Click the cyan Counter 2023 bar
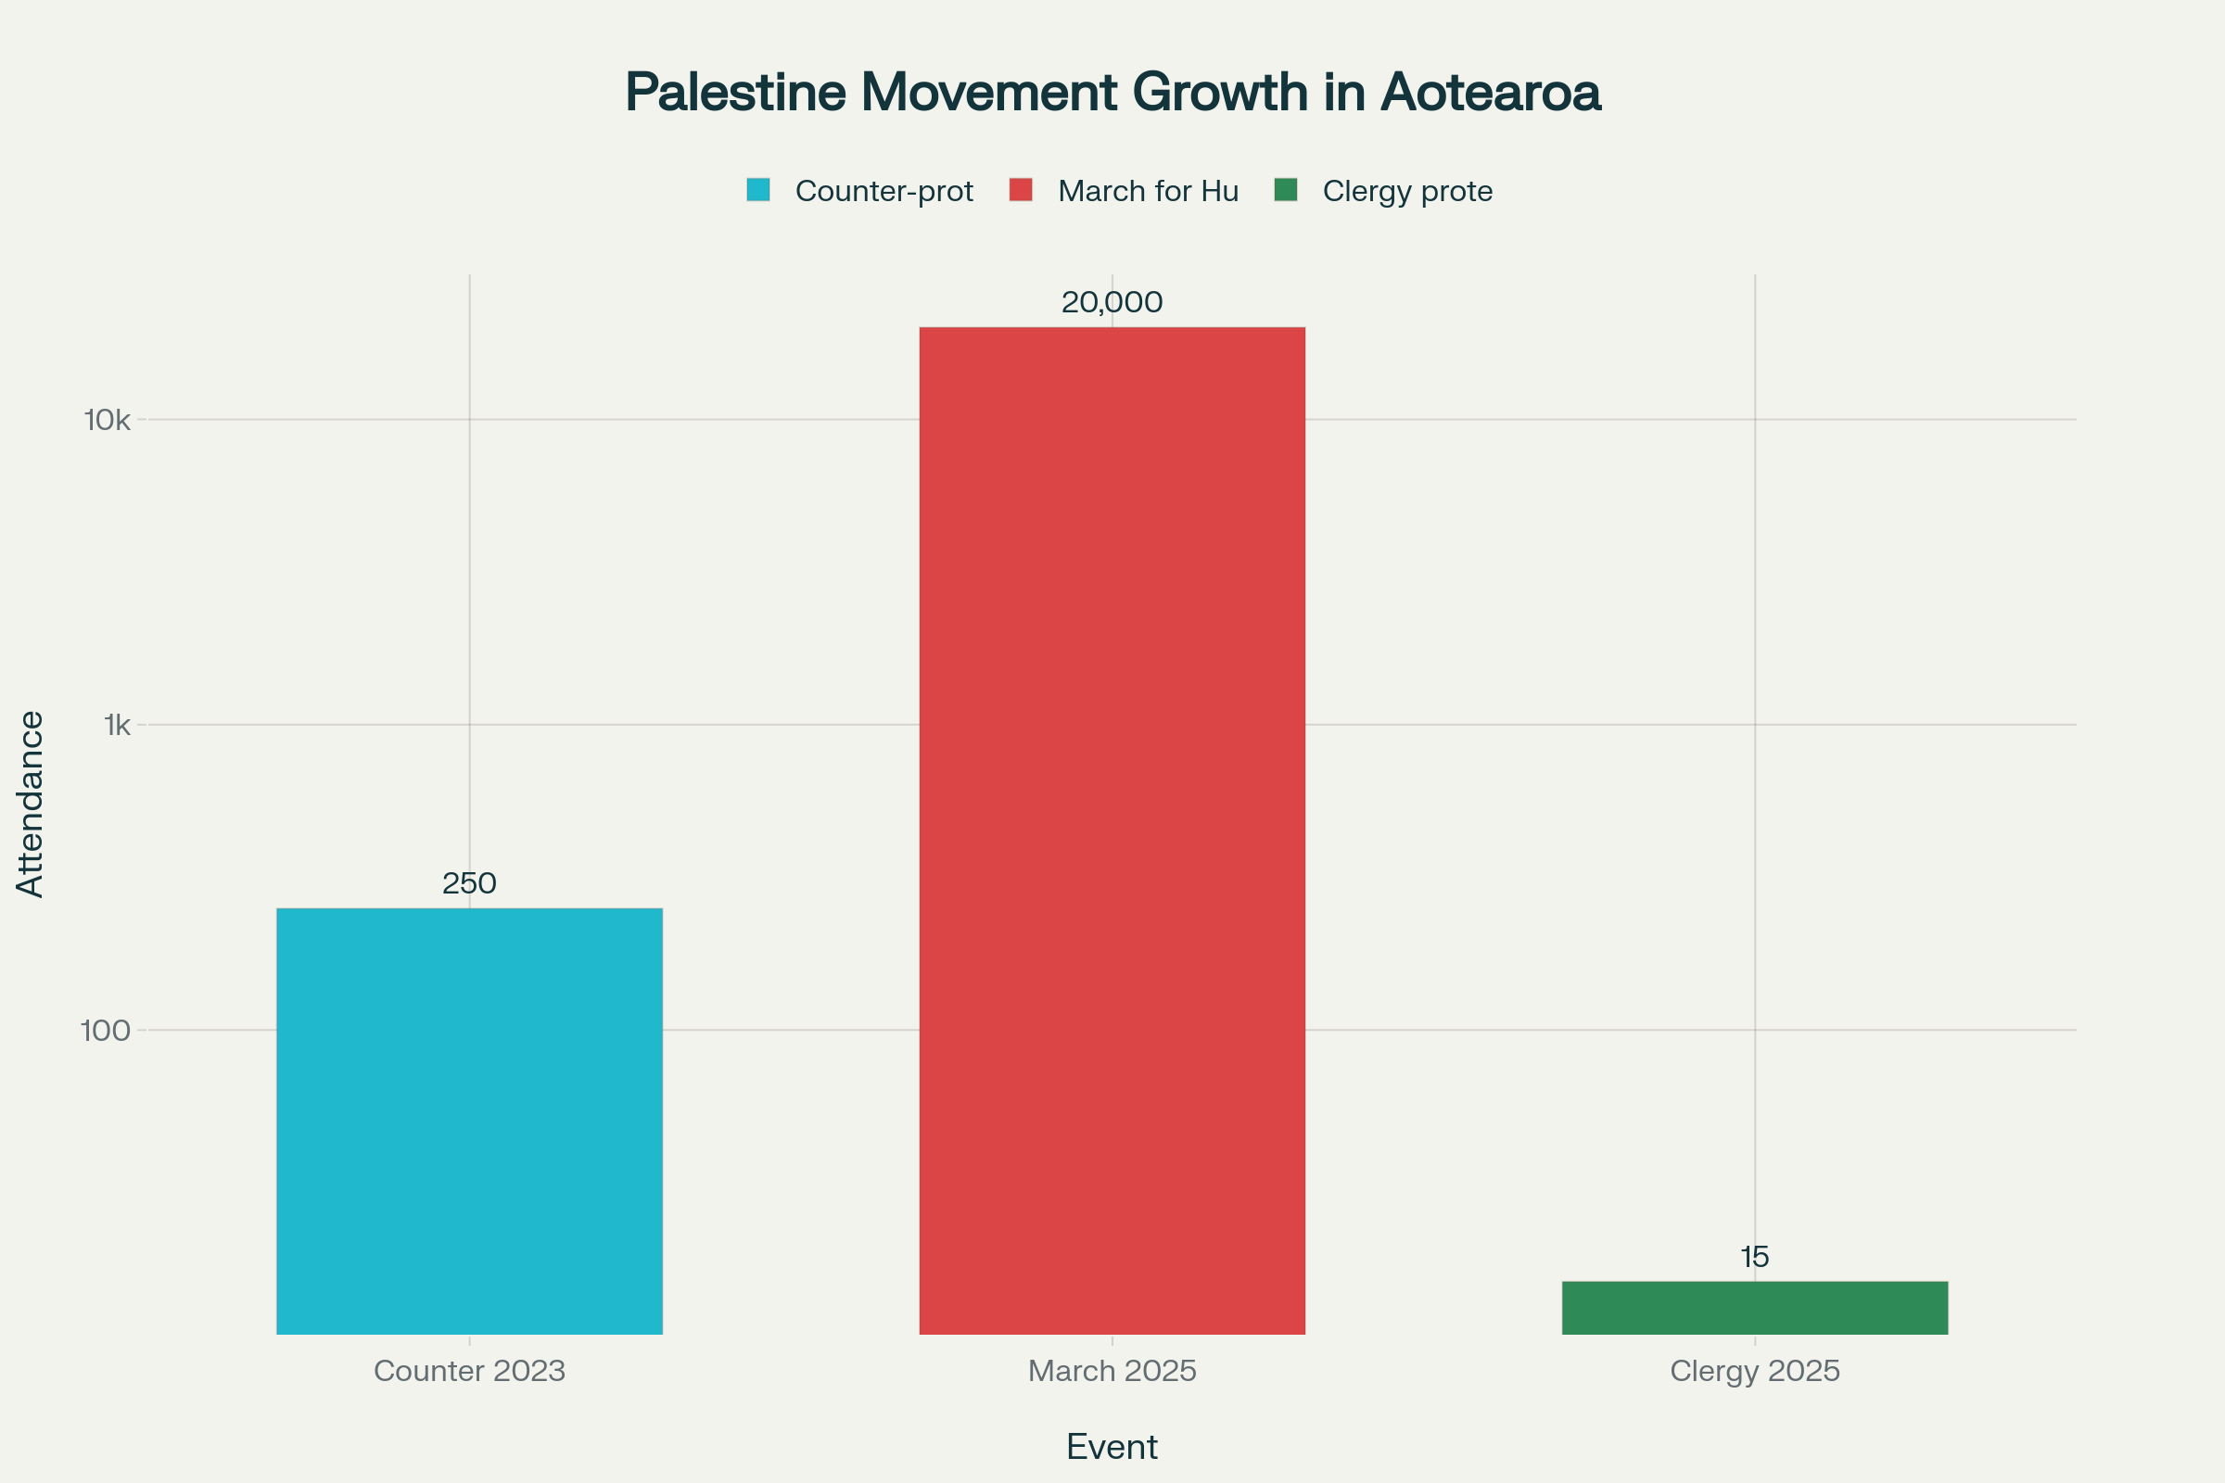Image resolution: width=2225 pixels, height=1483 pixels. [469, 1121]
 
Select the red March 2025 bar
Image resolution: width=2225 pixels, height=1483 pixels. [1112, 830]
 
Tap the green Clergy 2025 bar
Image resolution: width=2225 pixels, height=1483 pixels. [1755, 1308]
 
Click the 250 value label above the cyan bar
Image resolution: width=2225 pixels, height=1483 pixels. [469, 883]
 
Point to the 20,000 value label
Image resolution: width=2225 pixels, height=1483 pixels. [1112, 303]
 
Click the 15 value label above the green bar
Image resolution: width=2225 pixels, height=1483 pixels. [1755, 1257]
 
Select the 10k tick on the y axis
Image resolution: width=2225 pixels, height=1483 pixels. [107, 420]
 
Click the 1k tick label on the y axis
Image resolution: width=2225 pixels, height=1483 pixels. [118, 726]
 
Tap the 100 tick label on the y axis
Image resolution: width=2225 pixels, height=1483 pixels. [106, 1031]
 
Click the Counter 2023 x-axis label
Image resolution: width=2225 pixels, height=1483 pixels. [469, 1372]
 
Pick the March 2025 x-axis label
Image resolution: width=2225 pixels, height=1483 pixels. [1112, 1372]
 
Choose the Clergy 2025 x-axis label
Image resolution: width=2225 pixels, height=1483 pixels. [1755, 1372]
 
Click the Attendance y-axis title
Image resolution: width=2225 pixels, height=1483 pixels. [31, 804]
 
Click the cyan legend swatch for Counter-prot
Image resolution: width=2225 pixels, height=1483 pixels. [757, 190]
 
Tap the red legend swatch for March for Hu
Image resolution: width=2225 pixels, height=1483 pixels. [1021, 190]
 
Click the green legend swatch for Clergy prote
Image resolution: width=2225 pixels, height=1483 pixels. [1286, 190]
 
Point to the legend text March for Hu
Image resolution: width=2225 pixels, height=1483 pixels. [1148, 191]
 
